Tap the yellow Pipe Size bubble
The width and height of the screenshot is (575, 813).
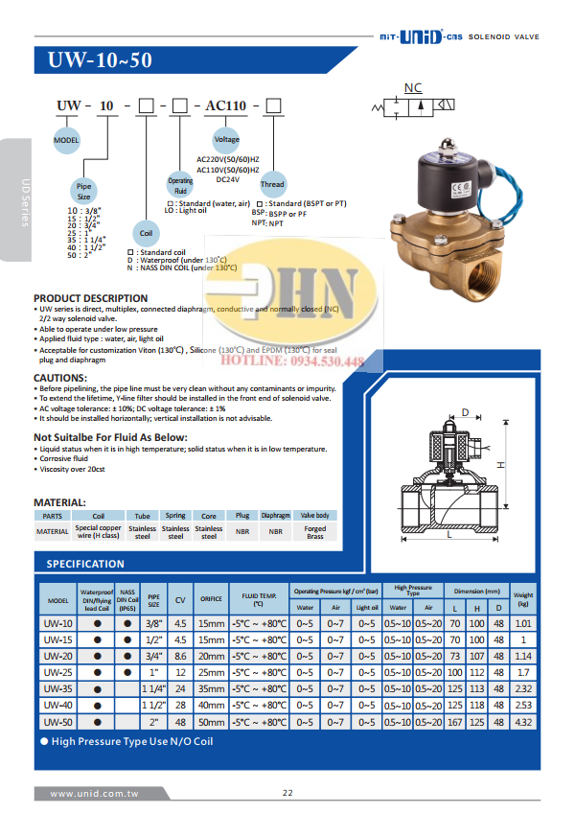click(84, 190)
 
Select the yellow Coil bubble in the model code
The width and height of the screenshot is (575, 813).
click(147, 232)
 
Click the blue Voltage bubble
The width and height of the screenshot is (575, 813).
click(226, 139)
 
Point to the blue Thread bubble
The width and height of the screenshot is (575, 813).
click(273, 183)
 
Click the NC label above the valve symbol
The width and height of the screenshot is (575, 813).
click(413, 88)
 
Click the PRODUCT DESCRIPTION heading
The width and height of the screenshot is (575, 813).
click(91, 298)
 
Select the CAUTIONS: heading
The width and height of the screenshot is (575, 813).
click(60, 378)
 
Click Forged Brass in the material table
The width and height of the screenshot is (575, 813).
click(314, 532)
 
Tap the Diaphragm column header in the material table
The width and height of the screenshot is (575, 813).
click(275, 516)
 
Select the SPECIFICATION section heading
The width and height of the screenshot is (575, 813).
click(85, 564)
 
